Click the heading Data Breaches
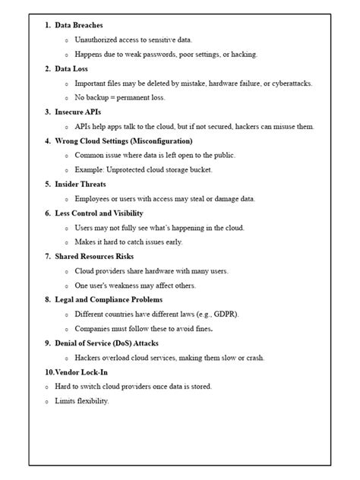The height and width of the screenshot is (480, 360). coord(78,25)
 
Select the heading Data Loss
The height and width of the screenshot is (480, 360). coord(72,68)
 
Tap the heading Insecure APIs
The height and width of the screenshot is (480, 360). coord(77,112)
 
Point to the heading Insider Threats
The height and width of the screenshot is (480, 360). coord(80,184)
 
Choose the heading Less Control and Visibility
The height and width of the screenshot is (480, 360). coord(99,213)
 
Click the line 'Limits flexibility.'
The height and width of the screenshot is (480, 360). coord(82,400)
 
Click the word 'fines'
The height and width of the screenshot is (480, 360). coord(201,329)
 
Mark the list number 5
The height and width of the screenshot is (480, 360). coord(48,184)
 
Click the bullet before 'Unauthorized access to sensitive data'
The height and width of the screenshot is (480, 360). coord(66,39)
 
